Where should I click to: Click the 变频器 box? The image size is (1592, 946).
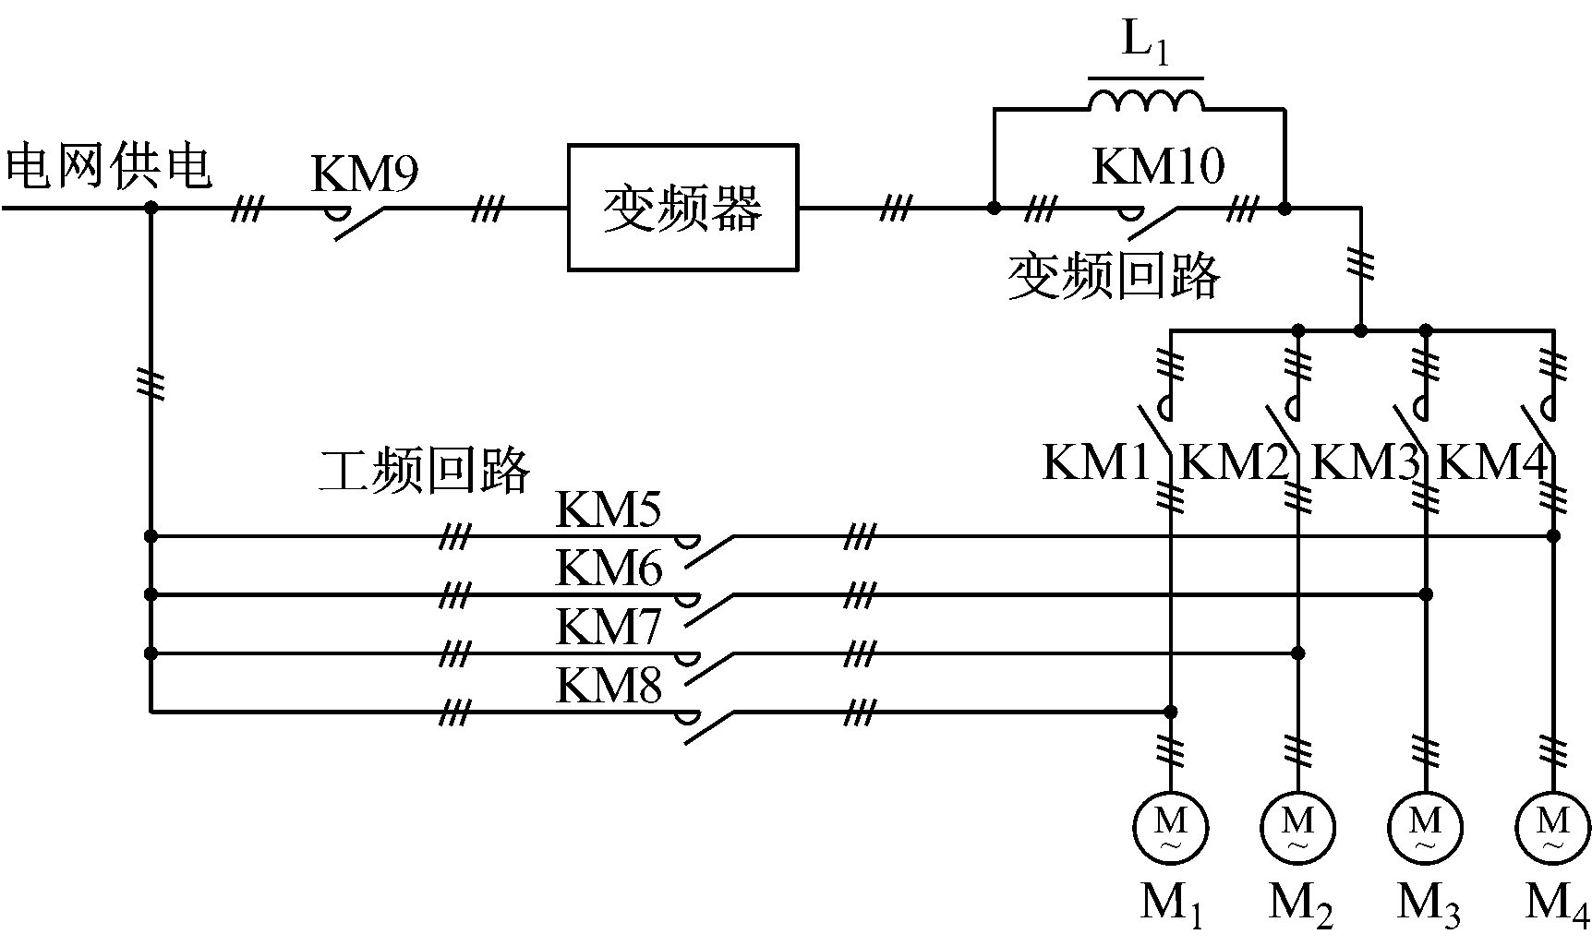point(682,208)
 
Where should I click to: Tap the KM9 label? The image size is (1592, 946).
point(365,174)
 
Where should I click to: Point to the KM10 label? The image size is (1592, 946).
point(1158,167)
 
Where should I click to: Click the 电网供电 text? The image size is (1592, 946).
point(109,168)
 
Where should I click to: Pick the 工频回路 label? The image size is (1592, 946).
point(425,470)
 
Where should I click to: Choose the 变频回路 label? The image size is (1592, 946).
point(1114,275)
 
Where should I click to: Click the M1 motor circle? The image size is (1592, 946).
point(1170,827)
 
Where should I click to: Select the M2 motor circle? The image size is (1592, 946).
point(1297,827)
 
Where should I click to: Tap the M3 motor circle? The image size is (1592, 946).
point(1426,827)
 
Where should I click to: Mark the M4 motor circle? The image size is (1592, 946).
point(1553,827)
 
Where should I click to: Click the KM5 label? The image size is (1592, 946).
point(609,509)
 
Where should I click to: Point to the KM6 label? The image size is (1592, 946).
point(609,568)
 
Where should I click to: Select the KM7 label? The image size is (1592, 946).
point(609,628)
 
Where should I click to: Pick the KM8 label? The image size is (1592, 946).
point(609,686)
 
